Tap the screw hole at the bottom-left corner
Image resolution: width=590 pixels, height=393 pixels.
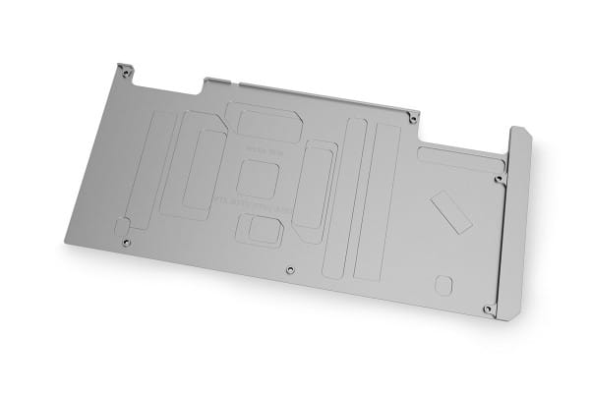pos(125,241)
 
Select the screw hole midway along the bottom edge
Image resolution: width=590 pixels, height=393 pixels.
pos(289,268)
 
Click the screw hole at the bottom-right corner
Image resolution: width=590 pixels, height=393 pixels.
pos(489,309)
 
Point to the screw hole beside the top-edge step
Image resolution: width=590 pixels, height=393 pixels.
pos(413,118)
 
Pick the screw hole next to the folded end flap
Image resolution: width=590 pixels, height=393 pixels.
pos(499,180)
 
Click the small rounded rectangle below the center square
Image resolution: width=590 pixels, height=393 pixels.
pos(263,230)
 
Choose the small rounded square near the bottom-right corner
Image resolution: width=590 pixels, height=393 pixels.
pos(443,284)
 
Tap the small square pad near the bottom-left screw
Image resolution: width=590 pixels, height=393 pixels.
pos(122,223)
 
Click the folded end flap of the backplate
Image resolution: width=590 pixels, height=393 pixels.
pos(517,221)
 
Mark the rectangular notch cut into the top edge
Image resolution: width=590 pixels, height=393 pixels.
pos(218,85)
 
